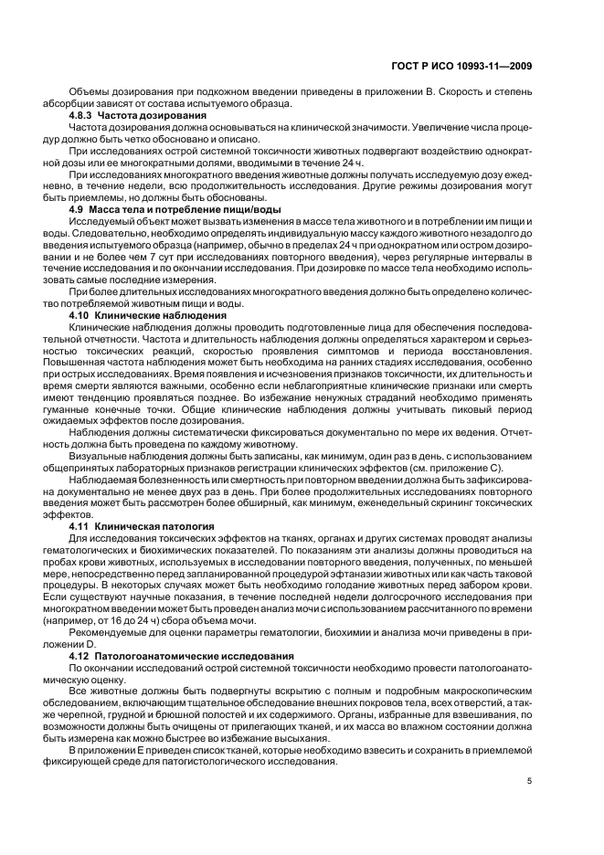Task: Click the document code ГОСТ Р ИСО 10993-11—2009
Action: point(466,66)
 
